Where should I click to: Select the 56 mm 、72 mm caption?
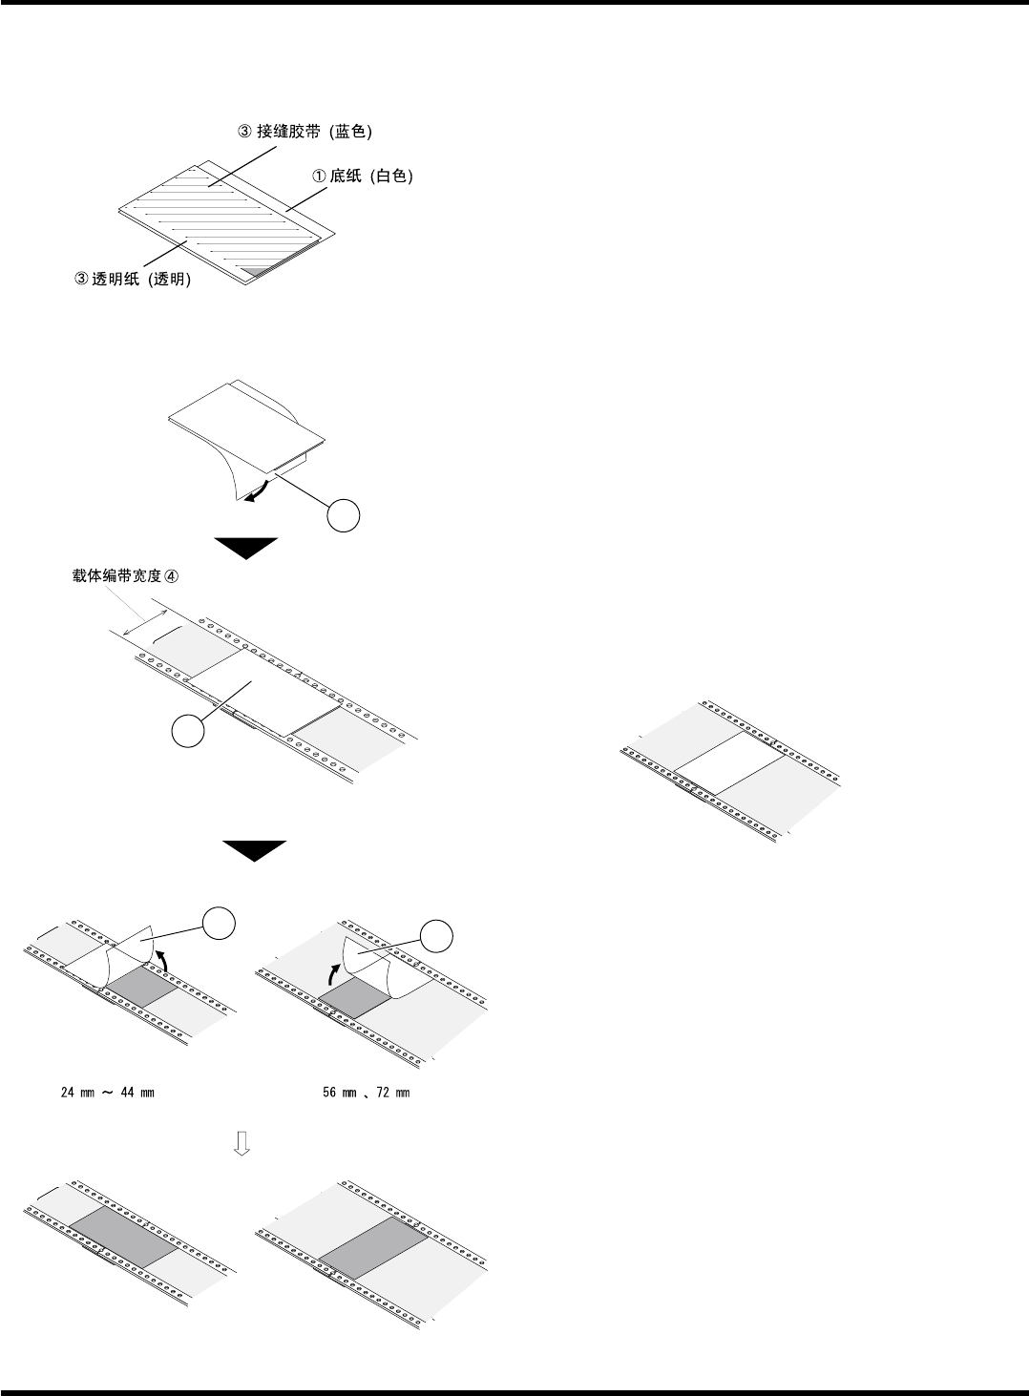click(367, 1093)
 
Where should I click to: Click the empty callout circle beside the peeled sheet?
click(344, 515)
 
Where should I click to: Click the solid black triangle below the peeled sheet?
click(245, 548)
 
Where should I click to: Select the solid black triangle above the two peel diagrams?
click(254, 849)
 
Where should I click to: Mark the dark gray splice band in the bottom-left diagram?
click(122, 1237)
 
